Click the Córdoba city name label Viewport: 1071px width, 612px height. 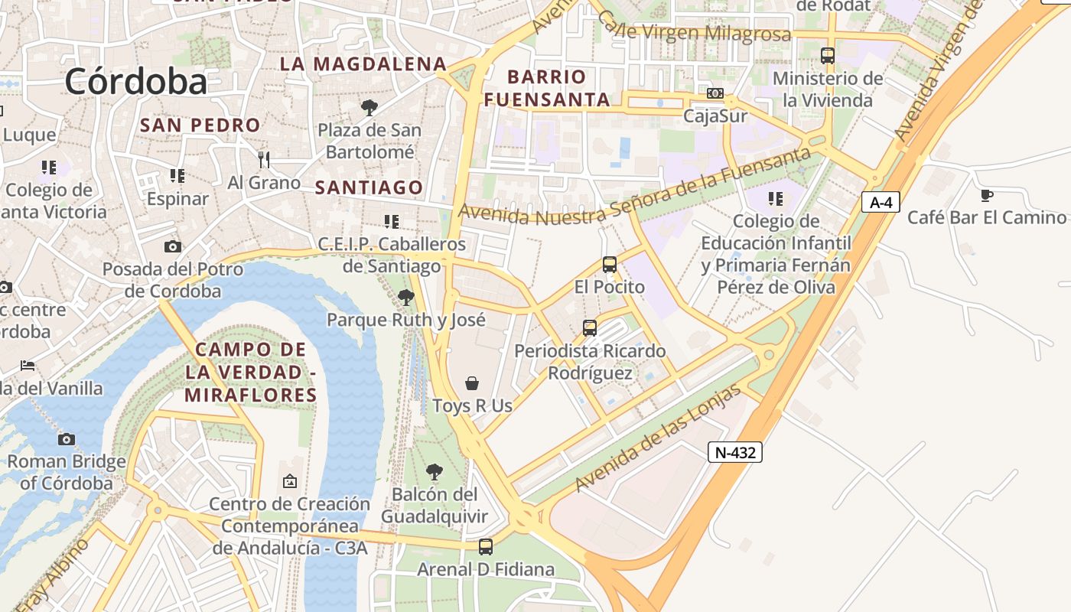136,82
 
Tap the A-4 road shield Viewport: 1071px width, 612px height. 881,202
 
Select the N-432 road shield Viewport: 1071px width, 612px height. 734,452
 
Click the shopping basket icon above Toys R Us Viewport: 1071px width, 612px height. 473,382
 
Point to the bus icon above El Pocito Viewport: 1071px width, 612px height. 610,265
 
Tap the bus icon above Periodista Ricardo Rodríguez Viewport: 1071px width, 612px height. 590,328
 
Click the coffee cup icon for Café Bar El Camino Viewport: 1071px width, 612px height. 986,195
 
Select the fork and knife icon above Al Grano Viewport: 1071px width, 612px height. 264,159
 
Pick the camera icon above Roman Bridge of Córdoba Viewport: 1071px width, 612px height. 67,439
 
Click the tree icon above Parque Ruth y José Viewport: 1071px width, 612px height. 406,297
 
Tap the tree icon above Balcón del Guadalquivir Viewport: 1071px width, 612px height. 435,471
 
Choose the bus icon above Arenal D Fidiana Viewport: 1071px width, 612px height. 486,547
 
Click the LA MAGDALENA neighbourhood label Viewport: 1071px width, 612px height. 363,64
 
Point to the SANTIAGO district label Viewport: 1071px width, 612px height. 369,187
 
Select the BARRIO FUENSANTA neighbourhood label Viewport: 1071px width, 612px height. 547,88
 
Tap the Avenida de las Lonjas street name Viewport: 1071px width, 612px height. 658,439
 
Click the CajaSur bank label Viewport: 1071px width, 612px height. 715,116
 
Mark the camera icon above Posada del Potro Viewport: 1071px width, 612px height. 173,246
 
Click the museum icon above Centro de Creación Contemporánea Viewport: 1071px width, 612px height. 290,481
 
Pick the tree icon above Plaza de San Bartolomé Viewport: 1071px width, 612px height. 369,107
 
